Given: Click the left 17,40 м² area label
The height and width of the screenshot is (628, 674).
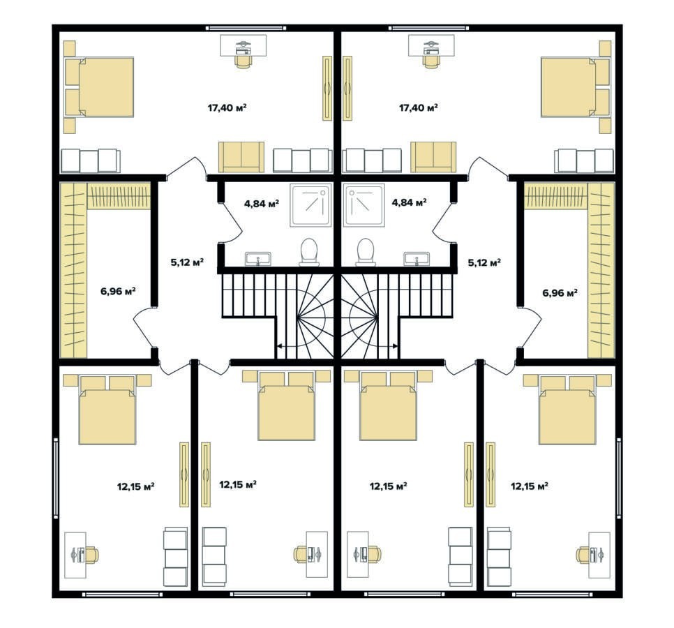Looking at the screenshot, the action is coord(227,107).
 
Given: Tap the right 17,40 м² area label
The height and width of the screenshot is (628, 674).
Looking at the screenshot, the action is coord(418,107).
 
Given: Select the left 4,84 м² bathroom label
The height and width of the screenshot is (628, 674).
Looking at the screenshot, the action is coord(262,203).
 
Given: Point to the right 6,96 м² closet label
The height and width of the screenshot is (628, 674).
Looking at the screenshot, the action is coord(560,293).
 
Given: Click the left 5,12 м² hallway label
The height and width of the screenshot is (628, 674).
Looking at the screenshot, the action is coord(187,262).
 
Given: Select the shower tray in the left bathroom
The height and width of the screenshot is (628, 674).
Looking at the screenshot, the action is coord(310,205).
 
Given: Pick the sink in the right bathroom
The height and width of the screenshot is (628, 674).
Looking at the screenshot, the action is coord(417,259).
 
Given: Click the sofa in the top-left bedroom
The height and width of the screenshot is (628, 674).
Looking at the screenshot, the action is coord(241,157).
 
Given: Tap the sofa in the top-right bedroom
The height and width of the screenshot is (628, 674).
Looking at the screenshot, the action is coord(433,157).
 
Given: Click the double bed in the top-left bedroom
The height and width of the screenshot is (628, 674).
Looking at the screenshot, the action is coord(99,87).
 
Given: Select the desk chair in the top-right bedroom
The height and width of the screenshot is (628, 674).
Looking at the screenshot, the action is coord(431,59).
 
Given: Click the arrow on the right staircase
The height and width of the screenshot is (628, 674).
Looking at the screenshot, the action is coord(382,345).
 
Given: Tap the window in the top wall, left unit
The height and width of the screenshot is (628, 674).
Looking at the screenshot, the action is coord(246,28).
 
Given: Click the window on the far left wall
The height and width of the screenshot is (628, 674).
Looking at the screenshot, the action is coord(55,478).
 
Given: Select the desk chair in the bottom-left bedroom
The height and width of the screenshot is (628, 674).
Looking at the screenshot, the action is coord(91,555).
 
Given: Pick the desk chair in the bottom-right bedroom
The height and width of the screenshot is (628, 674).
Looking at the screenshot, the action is coord(584,555).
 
